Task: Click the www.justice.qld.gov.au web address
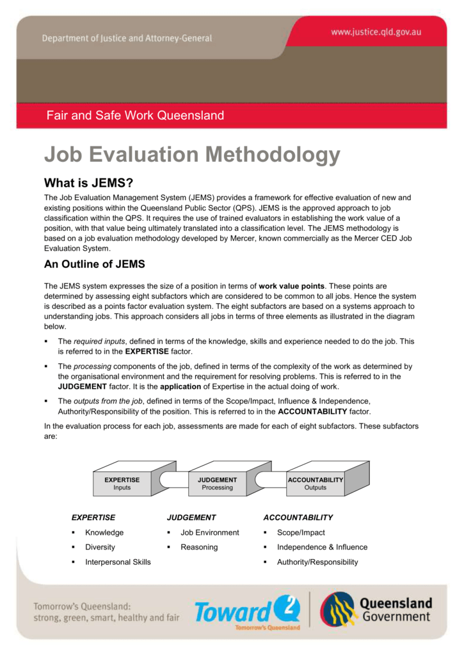(376, 31)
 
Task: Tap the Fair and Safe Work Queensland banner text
(135, 116)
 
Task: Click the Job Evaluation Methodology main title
(191, 155)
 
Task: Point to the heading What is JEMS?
(88, 183)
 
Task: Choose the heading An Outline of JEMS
(94, 264)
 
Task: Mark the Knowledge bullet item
(104, 532)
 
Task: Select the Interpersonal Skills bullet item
(118, 562)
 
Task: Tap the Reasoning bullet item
(199, 547)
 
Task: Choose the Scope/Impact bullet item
(301, 532)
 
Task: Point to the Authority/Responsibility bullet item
(317, 562)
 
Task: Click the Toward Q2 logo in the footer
(247, 612)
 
